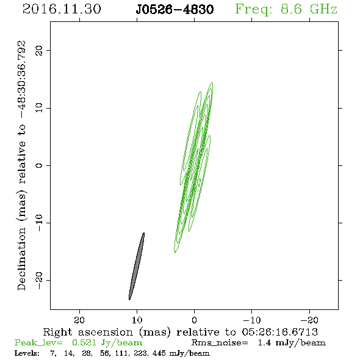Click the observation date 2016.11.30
62,9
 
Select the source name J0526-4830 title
175,10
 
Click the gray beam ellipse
137,266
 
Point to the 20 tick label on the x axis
79,320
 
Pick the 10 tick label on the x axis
137,320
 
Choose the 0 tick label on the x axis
195,320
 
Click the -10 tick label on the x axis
252,320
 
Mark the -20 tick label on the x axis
309,320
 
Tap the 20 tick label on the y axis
39,51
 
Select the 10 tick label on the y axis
39,107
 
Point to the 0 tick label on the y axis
39,165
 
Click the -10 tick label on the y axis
39,223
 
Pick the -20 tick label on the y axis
39,280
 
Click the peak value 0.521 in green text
84,342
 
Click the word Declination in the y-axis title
21,259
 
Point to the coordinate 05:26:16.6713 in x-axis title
280,332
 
